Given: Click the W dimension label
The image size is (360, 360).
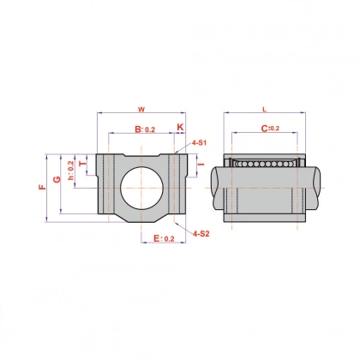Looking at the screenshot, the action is pos(141,110).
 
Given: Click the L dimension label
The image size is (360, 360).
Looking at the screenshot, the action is pos(264,110).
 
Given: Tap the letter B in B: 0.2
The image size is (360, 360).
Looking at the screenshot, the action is pos(138,129).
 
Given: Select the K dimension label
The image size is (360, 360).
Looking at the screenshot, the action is pos(180,127).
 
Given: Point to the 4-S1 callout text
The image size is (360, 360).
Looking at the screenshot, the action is pos(199,143).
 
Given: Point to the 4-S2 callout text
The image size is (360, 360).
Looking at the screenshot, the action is pos(201,234).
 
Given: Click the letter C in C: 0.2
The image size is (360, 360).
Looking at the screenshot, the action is pos(265,129).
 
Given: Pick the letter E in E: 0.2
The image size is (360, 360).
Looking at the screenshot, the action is pos(157,238).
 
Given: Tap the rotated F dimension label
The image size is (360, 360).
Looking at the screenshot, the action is pos(42,187).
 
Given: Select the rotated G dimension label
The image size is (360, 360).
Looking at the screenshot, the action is pos(57,179).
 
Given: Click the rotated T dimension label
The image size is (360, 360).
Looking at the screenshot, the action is pos(82,164).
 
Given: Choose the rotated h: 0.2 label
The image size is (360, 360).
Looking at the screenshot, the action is pos(70,171).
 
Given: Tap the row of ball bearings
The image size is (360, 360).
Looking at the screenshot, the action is pos(265,164).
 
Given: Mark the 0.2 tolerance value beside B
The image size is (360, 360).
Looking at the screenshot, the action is pos(150,129).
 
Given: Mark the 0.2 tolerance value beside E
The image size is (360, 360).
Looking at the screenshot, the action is pos(169,239).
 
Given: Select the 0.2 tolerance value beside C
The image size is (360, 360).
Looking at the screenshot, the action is pos(274,129).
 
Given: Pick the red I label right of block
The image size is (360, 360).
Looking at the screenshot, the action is pos(201,164).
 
